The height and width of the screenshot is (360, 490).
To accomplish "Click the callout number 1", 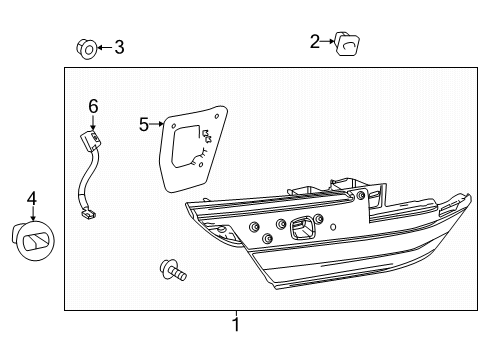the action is [236, 324].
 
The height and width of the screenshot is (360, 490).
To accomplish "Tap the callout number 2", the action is [314, 42].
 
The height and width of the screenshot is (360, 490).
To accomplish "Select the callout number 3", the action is [119, 47].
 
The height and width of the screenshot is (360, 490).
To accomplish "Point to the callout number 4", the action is [32, 199].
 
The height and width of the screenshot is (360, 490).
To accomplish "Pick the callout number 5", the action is [144, 125].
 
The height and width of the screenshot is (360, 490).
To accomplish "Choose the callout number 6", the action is [93, 106].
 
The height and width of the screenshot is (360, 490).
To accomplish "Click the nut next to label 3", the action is [86, 49].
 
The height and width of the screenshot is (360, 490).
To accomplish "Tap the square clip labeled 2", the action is [347, 44].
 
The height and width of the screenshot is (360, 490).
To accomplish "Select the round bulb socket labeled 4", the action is [33, 240].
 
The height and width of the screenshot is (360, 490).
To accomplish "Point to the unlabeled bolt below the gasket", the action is [173, 270].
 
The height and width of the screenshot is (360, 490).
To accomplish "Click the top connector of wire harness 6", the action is [90, 141].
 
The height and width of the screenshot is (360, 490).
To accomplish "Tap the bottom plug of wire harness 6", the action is [88, 213].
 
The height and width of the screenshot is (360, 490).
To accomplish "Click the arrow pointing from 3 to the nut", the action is [105, 47].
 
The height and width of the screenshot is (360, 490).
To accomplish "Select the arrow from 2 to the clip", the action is [327, 41].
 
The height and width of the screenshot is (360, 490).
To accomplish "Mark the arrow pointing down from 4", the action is [33, 213].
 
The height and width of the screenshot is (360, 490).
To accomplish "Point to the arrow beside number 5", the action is [157, 124].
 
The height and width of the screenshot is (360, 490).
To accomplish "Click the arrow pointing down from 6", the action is [93, 122].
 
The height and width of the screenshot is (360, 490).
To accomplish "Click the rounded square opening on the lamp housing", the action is [303, 228].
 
